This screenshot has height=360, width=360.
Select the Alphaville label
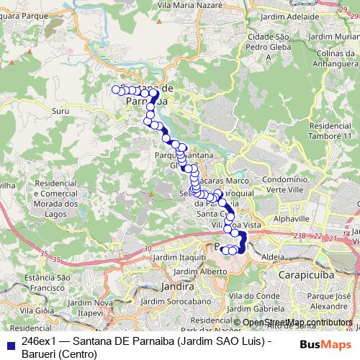click(292, 217)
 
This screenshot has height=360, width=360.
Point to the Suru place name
click(61, 112)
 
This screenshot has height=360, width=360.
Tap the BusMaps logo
click(323, 344)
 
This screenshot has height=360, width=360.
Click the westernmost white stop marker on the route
click(115, 89)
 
